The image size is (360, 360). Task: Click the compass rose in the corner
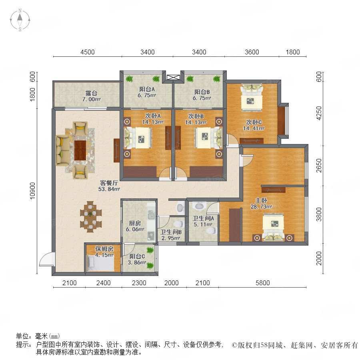pyautogui.click(x=20, y=20)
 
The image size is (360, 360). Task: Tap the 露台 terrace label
pyautogui.click(x=91, y=93)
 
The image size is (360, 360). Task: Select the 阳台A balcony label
pyautogui.click(x=147, y=89)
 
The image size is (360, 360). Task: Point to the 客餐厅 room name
pyautogui.click(x=109, y=183)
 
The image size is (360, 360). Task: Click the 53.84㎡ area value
pyautogui.click(x=109, y=189)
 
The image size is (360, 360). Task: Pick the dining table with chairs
pyautogui.click(x=91, y=217)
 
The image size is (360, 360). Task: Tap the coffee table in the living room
pyautogui.click(x=80, y=150)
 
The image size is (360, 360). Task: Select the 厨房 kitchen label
pyautogui.click(x=135, y=223)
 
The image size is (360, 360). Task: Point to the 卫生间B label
pyautogui.click(x=171, y=232)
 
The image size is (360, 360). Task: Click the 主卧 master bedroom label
pyautogui.click(x=261, y=200)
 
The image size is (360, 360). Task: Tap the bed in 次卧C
pyautogui.click(x=252, y=98)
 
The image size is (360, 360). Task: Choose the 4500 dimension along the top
pyautogui.click(x=88, y=52)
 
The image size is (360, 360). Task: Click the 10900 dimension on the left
pyautogui.click(x=33, y=191)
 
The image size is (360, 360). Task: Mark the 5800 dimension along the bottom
pyautogui.click(x=263, y=283)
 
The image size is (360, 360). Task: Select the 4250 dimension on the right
pyautogui.click(x=319, y=113)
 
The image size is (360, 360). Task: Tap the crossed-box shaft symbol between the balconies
pyautogui.click(x=172, y=77)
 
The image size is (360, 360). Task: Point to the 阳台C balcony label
pyautogui.click(x=137, y=256)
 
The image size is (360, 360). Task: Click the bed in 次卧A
pyautogui.click(x=138, y=138)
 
